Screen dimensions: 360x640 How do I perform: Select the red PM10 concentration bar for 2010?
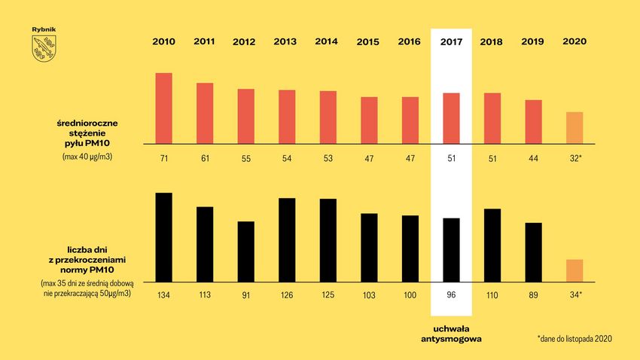163,108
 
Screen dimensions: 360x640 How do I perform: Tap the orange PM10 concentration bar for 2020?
574,127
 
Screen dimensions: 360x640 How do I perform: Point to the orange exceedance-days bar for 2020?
574,269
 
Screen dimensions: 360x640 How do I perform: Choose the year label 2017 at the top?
451,41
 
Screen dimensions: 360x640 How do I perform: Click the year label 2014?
327,41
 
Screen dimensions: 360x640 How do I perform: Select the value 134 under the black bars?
163,294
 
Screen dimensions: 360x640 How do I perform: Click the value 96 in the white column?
451,294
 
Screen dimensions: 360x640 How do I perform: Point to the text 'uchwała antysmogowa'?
451,334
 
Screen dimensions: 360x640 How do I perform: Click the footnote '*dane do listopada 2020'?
574,339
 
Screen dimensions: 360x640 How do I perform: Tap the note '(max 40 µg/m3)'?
87,157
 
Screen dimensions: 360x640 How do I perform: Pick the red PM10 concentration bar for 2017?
451,117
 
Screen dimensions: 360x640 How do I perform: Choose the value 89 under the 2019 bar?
533,294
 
